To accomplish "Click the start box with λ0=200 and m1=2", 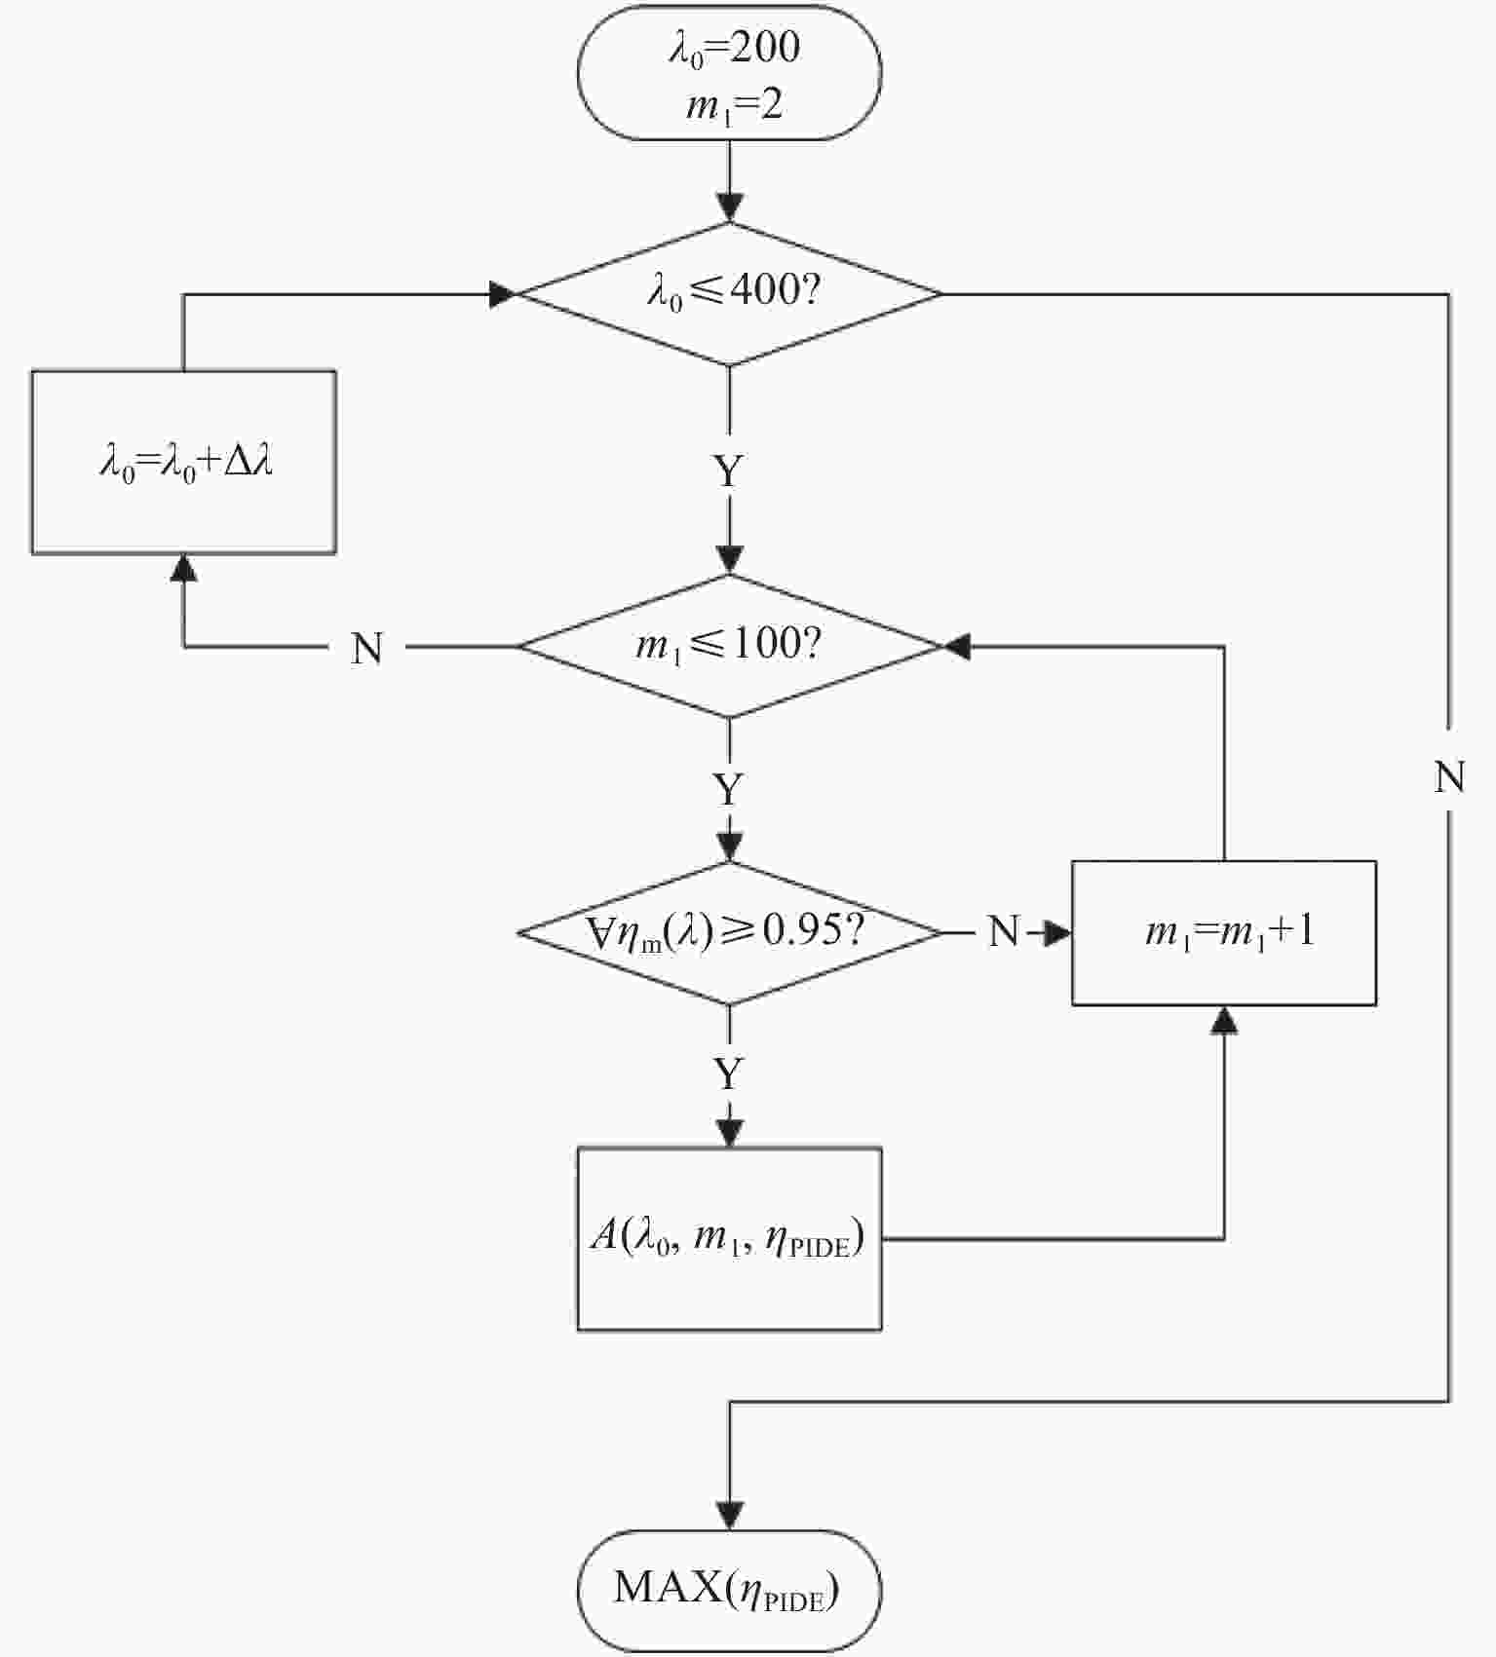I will click(x=729, y=74).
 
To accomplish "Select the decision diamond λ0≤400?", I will click(x=729, y=292).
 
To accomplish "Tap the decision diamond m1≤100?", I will click(x=729, y=645).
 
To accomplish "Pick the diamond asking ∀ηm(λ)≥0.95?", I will click(x=729, y=932).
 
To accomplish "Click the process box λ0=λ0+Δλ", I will click(x=184, y=462).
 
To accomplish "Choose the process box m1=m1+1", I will click(x=1224, y=932).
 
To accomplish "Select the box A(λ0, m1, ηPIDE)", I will click(x=729, y=1239).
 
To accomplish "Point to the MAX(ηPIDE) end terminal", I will click(x=729, y=1590).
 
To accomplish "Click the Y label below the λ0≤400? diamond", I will click(x=729, y=472).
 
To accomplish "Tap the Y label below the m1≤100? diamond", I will click(x=729, y=789).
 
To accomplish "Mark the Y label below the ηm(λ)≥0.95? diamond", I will click(x=729, y=1074).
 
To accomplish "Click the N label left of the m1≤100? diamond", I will click(x=366, y=648).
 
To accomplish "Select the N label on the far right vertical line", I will click(x=1449, y=777).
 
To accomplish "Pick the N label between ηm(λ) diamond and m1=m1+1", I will click(x=1003, y=932).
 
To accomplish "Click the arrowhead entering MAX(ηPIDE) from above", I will click(x=729, y=1515).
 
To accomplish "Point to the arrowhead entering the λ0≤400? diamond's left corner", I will click(x=502, y=293).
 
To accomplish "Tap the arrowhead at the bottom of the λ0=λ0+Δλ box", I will click(x=184, y=567).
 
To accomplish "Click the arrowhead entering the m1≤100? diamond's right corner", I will click(x=957, y=646).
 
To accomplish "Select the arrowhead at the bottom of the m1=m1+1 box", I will click(x=1224, y=1019).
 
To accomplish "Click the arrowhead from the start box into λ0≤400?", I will click(x=729, y=207).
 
